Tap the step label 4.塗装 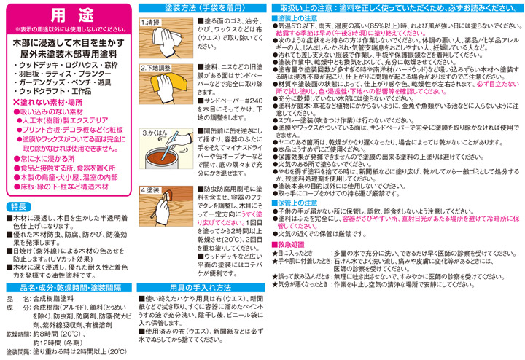coord(152,189)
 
